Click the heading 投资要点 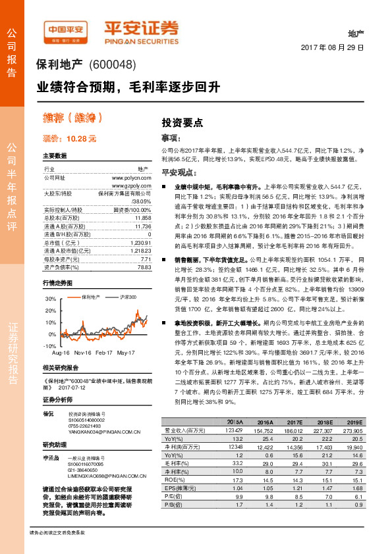coord(182,122)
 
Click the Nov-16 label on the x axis coord(83,353)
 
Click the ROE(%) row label coord(174,480)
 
